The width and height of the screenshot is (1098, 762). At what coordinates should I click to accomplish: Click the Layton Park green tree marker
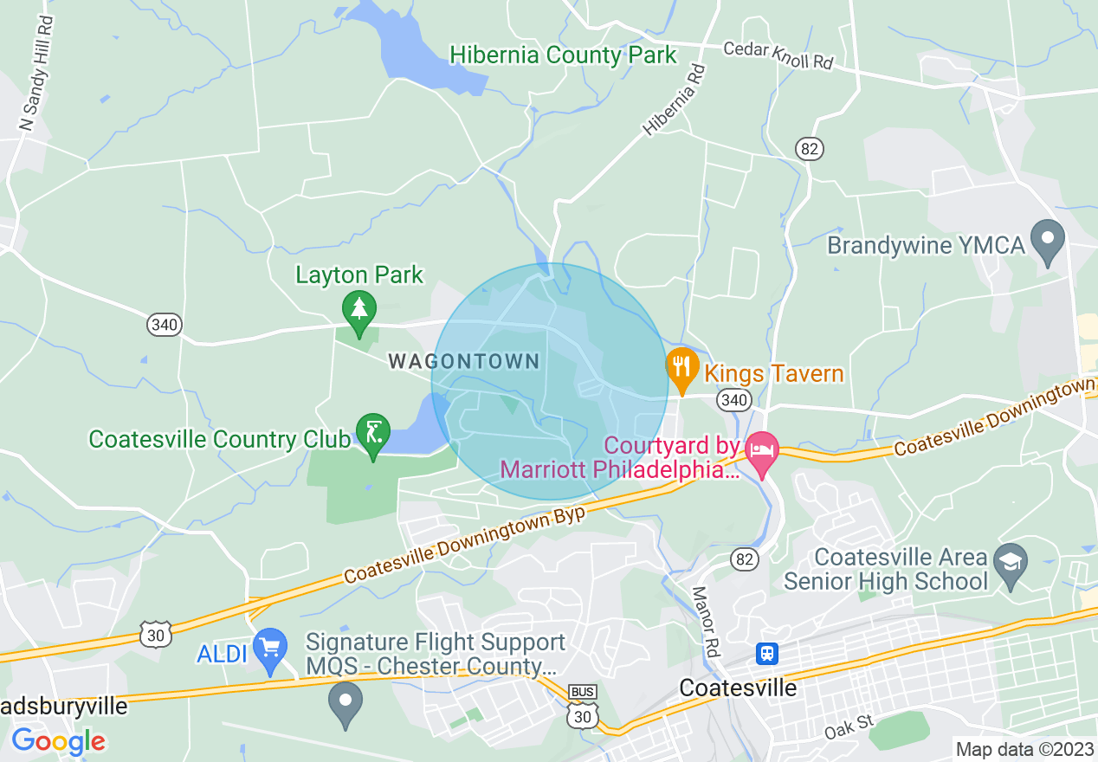point(358,307)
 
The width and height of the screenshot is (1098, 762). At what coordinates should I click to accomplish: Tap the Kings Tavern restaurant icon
point(682,369)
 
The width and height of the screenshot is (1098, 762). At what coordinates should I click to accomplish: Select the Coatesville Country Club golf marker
point(373,431)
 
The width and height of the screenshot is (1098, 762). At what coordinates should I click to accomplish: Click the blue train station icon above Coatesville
point(766,653)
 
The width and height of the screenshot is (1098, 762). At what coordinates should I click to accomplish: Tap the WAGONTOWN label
point(464,362)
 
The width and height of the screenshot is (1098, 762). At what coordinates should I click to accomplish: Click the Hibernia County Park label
point(563,55)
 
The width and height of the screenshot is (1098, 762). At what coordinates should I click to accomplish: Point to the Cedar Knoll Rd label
point(778,55)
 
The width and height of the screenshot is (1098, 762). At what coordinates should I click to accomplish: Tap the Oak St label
point(849,726)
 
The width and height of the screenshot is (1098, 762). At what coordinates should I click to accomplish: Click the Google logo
point(58,741)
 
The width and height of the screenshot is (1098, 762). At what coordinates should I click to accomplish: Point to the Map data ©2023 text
point(1024,749)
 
